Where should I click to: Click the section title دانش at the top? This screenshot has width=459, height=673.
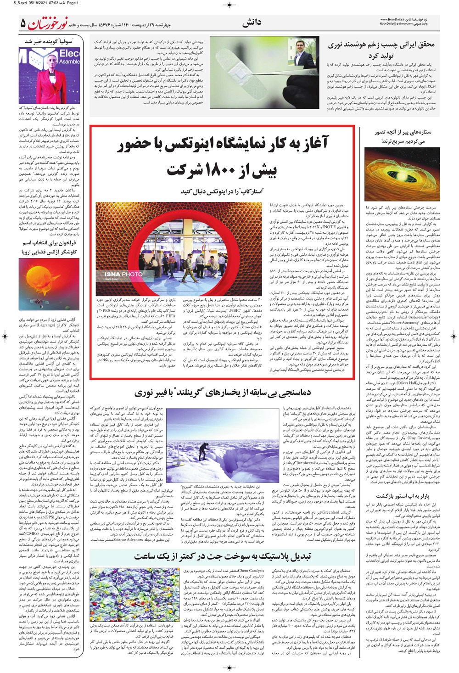(x=251, y=22)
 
